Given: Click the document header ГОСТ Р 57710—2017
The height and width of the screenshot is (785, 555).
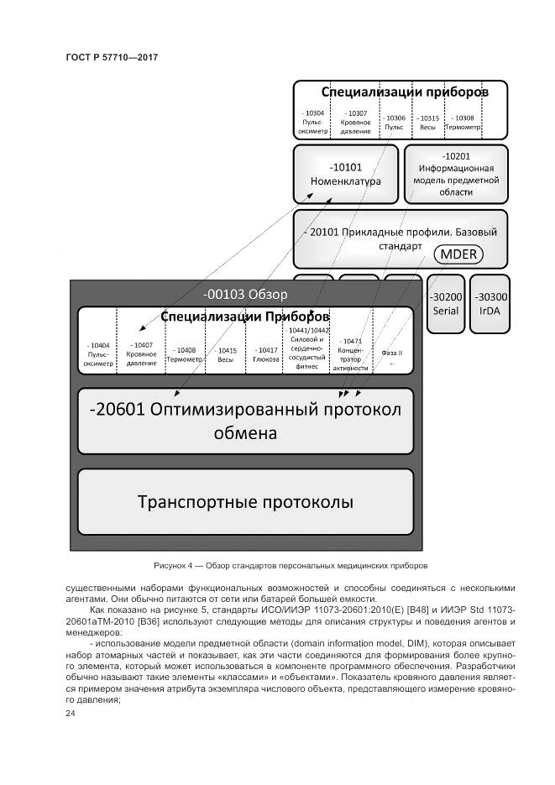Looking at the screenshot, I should click(x=112, y=57).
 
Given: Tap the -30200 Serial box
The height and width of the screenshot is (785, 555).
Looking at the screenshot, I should click(x=445, y=303).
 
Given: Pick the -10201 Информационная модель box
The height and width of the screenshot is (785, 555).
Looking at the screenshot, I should click(x=456, y=174).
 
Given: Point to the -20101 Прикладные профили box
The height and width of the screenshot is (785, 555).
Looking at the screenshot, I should click(x=401, y=238).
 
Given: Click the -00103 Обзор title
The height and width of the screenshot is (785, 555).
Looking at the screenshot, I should click(x=245, y=294).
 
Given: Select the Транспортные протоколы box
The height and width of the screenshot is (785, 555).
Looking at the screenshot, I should click(x=245, y=502).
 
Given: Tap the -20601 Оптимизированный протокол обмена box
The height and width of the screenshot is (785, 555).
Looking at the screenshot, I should click(x=245, y=421).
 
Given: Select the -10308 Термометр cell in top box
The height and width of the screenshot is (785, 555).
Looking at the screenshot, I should click(x=463, y=122).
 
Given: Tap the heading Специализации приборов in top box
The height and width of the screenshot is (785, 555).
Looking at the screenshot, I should click(x=401, y=91).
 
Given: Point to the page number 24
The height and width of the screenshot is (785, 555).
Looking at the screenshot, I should click(x=71, y=714).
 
